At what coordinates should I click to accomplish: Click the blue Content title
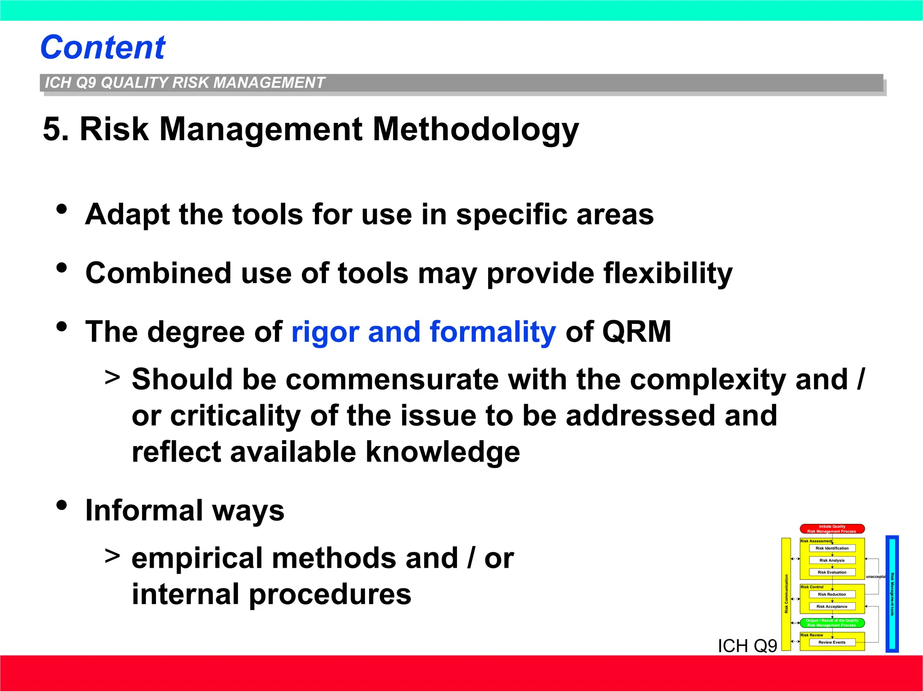103,47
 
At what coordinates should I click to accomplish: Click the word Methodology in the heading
475,130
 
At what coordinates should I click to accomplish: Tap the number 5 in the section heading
52,130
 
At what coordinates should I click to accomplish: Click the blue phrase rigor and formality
424,332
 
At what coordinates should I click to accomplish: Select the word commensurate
392,379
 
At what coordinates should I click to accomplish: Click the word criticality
235,415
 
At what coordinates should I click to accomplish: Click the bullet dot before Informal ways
62,505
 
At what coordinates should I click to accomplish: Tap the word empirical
196,558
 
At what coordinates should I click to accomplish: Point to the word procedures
330,594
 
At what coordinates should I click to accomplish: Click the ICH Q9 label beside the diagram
747,646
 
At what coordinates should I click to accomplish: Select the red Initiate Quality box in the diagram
832,529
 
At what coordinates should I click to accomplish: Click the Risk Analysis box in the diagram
832,560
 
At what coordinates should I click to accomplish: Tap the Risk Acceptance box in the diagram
832,606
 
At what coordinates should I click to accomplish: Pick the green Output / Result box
832,623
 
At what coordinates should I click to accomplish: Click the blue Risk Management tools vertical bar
892,594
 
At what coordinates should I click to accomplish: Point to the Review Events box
832,642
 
